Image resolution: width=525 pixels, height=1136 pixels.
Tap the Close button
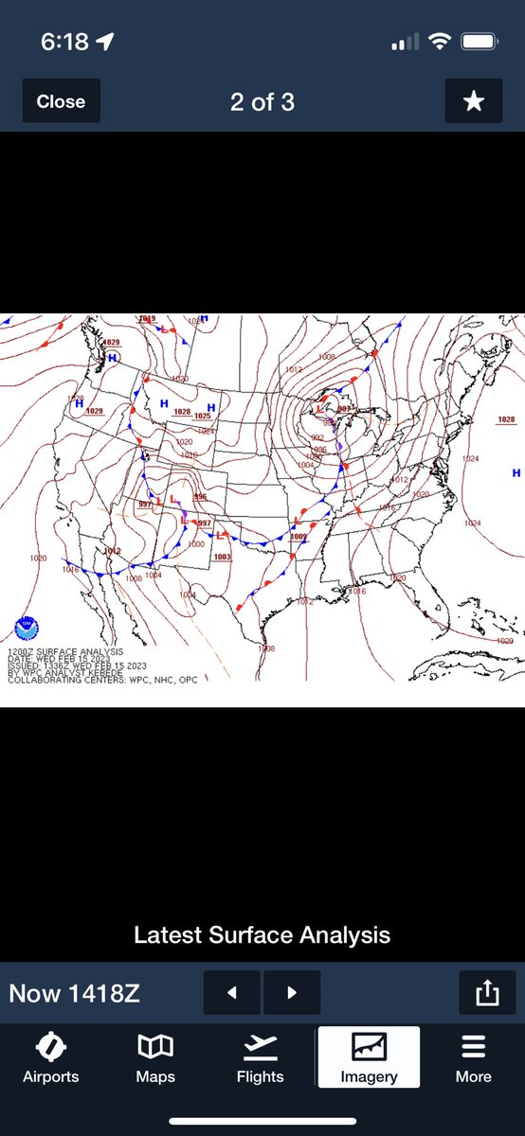tap(61, 102)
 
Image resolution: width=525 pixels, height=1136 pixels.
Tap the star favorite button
tap(473, 101)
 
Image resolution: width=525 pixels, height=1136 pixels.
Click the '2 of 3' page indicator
tap(262, 102)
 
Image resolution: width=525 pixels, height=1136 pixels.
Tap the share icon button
tap(485, 993)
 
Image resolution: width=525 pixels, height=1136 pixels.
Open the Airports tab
tap(51, 1057)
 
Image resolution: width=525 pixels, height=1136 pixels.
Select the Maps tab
tap(156, 1057)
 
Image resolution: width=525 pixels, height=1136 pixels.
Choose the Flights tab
tap(260, 1057)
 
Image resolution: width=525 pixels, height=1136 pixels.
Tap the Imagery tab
tap(368, 1057)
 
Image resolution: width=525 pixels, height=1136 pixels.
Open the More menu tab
tap(473, 1057)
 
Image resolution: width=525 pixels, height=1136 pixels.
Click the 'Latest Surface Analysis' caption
tap(262, 935)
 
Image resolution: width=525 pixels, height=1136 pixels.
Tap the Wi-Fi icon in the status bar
tap(439, 43)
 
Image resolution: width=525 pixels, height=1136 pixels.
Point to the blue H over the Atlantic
tap(516, 472)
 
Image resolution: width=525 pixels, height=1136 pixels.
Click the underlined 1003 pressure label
tap(222, 557)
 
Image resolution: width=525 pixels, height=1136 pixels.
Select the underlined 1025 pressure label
tap(202, 416)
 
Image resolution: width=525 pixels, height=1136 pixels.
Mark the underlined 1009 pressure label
tap(299, 537)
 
